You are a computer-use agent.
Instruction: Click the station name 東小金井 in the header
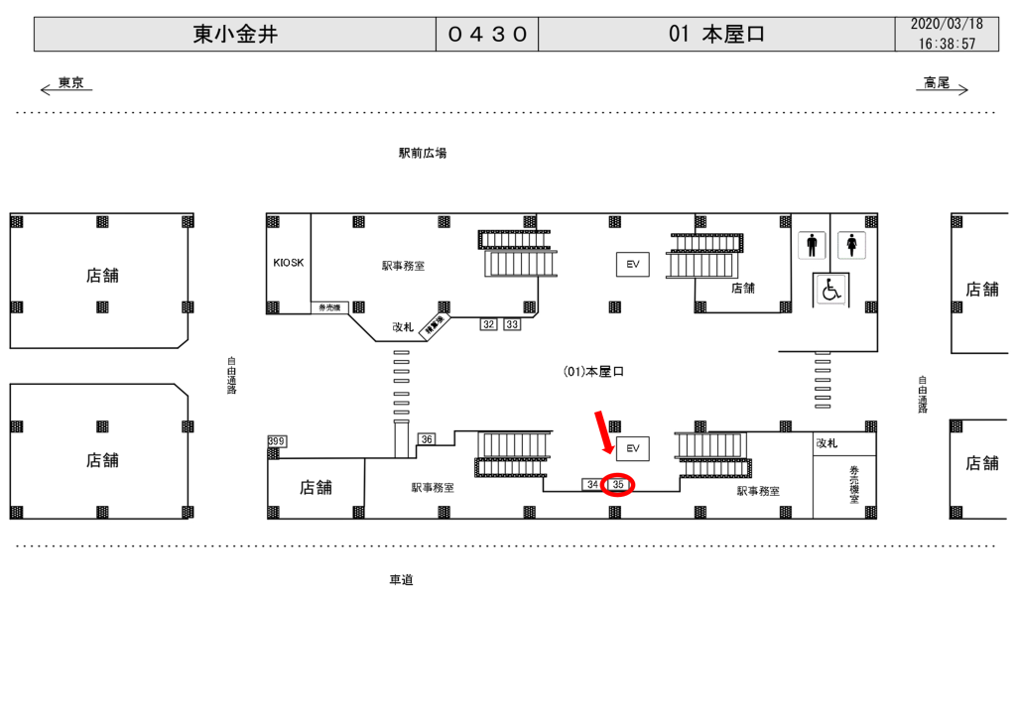pyautogui.click(x=235, y=35)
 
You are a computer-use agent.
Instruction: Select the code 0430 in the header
pyautogui.click(x=487, y=35)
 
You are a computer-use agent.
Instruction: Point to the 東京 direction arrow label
pyautogui.click(x=69, y=84)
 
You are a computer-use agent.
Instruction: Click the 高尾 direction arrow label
pyautogui.click(x=937, y=84)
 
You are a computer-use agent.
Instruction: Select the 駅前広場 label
pyautogui.click(x=423, y=154)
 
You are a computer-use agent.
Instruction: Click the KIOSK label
pyautogui.click(x=289, y=263)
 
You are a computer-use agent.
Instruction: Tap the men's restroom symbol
pyautogui.click(x=813, y=245)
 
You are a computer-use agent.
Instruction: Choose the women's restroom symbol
pyautogui.click(x=851, y=245)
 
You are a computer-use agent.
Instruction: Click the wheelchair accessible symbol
pyautogui.click(x=830, y=290)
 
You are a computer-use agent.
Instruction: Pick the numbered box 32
pyautogui.click(x=488, y=324)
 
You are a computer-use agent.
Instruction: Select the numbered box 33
pyautogui.click(x=512, y=324)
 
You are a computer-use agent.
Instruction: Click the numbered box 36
pyautogui.click(x=427, y=439)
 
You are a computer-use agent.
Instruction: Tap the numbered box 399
pyautogui.click(x=277, y=441)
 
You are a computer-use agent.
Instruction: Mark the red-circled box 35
pyautogui.click(x=618, y=484)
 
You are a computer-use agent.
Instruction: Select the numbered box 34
pyautogui.click(x=592, y=484)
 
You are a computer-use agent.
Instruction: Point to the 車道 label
pyautogui.click(x=401, y=580)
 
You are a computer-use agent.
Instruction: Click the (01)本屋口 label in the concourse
pyautogui.click(x=593, y=372)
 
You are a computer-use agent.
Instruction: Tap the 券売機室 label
pyautogui.click(x=853, y=486)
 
